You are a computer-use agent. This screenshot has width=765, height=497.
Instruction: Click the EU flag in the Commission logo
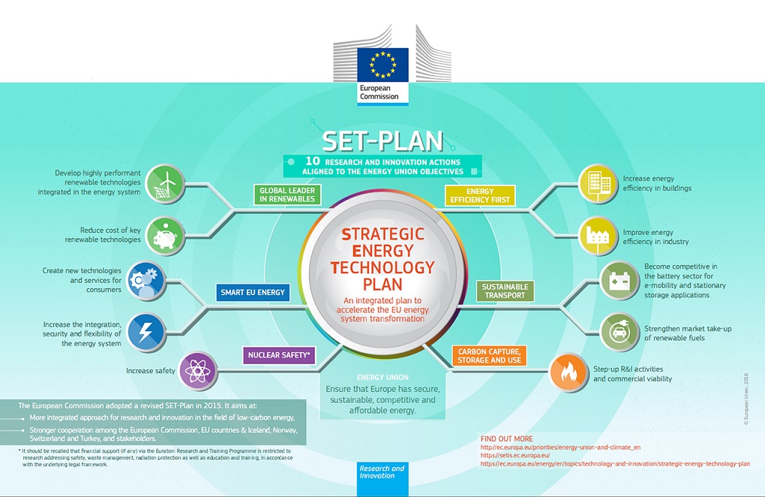point(383,64)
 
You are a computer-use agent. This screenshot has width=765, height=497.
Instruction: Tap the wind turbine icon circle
point(166,184)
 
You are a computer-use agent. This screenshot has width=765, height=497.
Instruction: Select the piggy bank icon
point(166,236)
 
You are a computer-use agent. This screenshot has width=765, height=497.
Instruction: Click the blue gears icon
point(146,281)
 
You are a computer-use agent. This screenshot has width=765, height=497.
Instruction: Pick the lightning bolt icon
point(146,332)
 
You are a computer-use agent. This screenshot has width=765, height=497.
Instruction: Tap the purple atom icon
point(197,372)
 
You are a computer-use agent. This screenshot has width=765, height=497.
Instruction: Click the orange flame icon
point(568,372)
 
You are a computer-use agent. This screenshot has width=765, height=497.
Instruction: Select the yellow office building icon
point(598,184)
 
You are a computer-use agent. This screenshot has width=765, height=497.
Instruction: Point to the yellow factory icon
point(598,235)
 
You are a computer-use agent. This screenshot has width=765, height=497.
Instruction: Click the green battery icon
point(619,281)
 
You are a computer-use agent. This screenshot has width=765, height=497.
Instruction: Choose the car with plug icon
point(619,333)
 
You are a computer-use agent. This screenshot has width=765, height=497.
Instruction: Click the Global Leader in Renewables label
point(287,194)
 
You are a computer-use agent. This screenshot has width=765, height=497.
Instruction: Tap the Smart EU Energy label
point(253,293)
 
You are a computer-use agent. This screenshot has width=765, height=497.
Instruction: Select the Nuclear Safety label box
point(279,355)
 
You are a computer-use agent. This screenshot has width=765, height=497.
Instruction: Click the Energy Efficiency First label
point(480,195)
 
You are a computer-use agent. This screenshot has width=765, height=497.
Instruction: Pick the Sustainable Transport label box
point(505,291)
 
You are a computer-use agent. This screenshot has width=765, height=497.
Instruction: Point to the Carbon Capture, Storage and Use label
point(489,356)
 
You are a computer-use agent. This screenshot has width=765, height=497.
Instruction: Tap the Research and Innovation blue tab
point(382,479)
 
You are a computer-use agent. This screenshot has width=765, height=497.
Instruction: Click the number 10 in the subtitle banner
point(312,161)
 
